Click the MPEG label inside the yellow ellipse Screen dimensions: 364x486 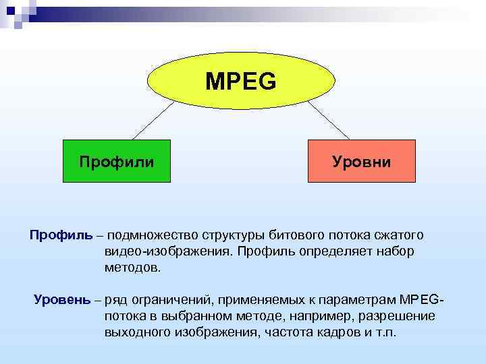pos(241,82)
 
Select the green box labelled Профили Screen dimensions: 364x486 pos(116,162)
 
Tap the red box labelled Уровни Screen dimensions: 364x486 pos(362,162)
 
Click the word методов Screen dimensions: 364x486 pos(133,268)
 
